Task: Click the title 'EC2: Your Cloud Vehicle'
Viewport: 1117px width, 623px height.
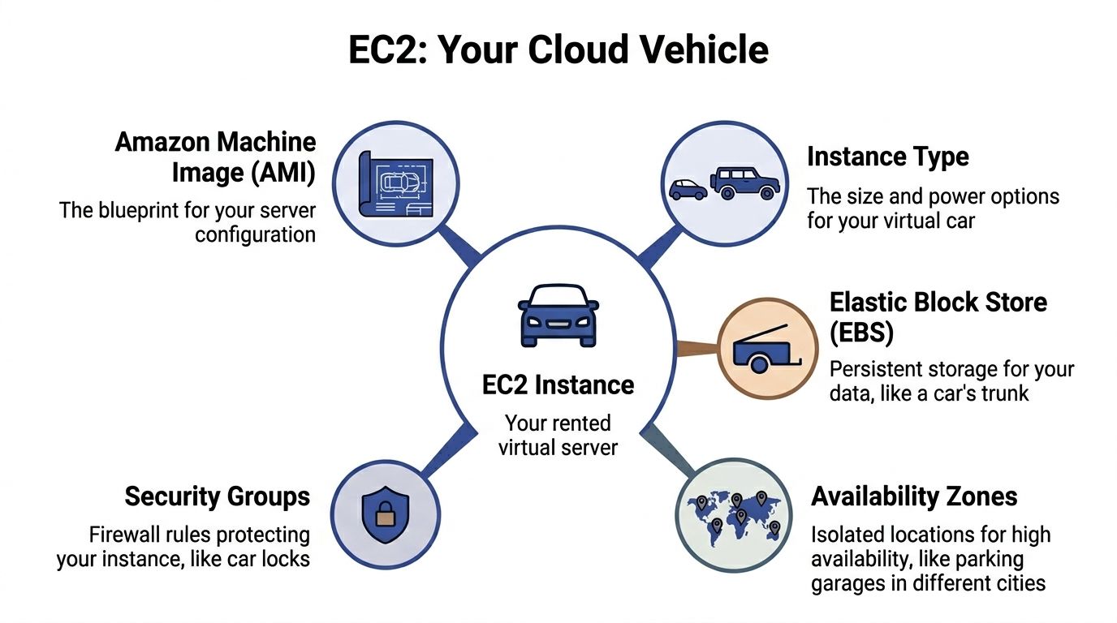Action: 558,50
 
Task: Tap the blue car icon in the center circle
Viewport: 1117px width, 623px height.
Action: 558,315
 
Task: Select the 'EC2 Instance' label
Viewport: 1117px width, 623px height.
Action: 558,385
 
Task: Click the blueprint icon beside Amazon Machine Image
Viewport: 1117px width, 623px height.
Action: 397,184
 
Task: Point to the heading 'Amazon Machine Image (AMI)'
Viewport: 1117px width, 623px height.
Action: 215,157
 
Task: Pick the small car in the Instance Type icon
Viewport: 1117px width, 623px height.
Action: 688,189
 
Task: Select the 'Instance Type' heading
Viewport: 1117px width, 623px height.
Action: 888,157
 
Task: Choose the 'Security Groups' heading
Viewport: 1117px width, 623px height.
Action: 217,496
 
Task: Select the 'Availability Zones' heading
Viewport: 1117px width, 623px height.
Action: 914,496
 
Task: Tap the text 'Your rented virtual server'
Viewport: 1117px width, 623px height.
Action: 558,435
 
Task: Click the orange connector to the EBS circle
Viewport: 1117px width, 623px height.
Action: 697,349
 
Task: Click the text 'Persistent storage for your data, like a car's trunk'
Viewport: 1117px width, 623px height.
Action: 951,381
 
